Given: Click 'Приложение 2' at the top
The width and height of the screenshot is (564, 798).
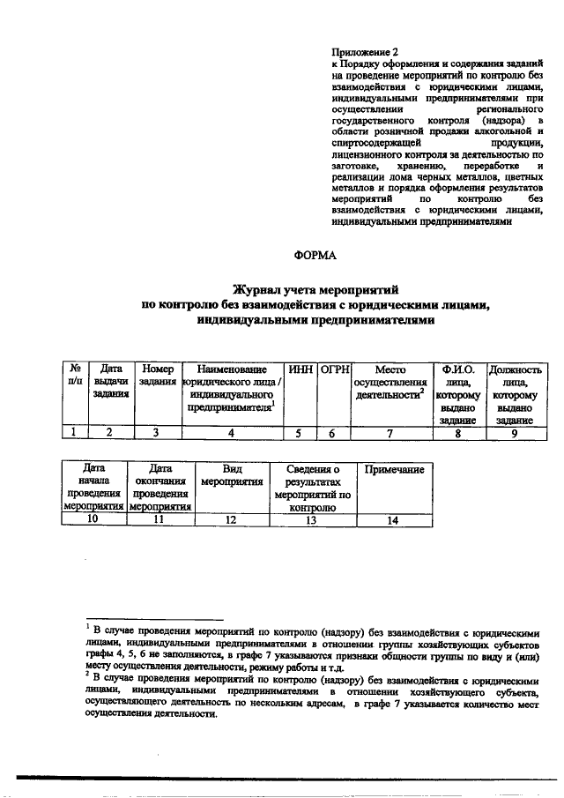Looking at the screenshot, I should click(x=362, y=52).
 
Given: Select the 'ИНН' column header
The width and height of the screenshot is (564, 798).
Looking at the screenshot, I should click(x=301, y=369).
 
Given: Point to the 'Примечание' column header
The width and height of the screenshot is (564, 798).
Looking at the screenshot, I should click(x=394, y=470).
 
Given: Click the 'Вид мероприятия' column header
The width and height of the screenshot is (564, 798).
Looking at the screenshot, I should click(x=232, y=476).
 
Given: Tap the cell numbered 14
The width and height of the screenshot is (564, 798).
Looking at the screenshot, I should click(x=394, y=520).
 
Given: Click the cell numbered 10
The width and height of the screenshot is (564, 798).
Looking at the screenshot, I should click(x=93, y=520).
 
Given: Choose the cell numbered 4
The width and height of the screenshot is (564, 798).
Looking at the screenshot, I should click(x=232, y=432).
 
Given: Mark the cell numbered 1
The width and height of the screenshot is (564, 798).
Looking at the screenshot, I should click(x=75, y=432).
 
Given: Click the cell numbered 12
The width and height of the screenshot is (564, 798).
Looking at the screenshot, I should click(x=232, y=520).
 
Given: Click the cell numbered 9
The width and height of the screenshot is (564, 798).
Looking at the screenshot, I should click(x=513, y=432).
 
